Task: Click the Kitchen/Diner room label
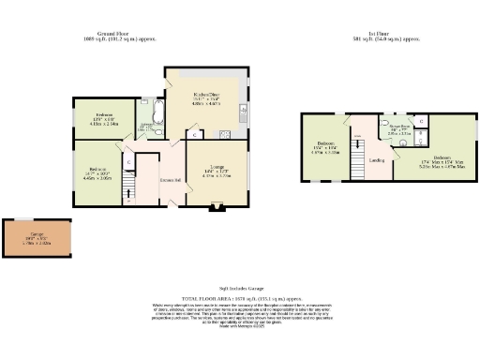[x=205, y=95]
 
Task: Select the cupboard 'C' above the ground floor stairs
[x=129, y=165]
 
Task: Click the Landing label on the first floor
[x=377, y=160]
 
